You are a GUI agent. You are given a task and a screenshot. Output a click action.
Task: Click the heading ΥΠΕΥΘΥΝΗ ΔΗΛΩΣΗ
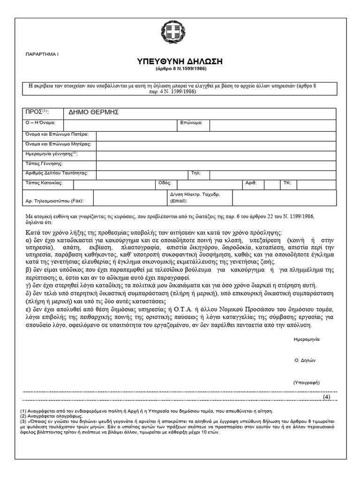tap(180, 62)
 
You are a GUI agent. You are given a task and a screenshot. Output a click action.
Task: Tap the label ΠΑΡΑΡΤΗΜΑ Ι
tap(42, 55)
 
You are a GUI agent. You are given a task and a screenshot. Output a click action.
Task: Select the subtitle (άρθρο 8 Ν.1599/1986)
tap(180, 69)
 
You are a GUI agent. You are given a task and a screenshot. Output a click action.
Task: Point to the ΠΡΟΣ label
tap(36, 112)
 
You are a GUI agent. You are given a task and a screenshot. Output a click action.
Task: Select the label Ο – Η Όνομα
tap(40, 123)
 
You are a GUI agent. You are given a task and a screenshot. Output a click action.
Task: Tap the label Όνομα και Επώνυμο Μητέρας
tap(58, 144)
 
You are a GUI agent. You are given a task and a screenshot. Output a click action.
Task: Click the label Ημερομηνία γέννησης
tap(52, 154)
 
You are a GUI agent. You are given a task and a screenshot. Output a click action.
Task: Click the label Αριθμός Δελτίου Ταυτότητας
tap(56, 173)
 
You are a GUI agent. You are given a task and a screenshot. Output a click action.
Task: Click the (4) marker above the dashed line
tap(327, 397)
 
